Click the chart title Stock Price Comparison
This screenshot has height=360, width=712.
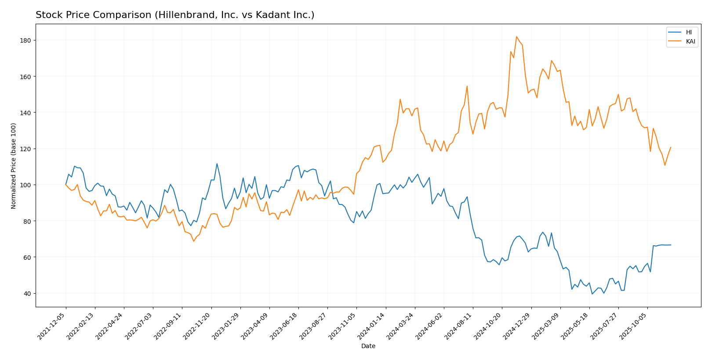[x=175, y=15]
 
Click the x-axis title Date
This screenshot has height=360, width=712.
[x=368, y=346]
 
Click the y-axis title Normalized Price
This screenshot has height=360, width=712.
[x=14, y=166]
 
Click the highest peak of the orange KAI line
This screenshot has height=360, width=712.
[x=516, y=36]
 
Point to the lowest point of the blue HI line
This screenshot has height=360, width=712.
[x=592, y=294]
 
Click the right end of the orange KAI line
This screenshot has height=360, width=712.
[x=671, y=147]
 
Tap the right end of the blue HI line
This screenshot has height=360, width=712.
[x=671, y=245]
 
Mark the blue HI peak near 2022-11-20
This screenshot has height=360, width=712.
[x=217, y=164]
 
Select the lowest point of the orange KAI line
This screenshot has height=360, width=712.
[x=193, y=241]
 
